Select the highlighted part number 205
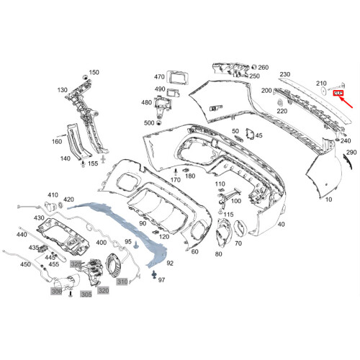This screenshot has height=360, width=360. (337, 93)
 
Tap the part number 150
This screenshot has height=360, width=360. (94, 73)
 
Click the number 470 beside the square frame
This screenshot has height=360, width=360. (159, 76)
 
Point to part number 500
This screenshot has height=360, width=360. (149, 123)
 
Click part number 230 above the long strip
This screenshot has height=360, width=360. (284, 75)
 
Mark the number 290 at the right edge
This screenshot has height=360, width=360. (351, 153)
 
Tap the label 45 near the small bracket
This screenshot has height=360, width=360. (258, 135)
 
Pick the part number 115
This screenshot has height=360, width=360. (228, 215)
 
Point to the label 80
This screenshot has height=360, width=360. (218, 254)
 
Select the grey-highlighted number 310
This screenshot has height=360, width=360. (122, 281)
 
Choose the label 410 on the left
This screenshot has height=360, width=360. (53, 195)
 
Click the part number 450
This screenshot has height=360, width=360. (25, 264)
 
